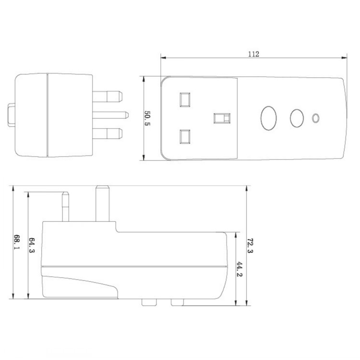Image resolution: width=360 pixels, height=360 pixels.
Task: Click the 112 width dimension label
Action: click(254, 54)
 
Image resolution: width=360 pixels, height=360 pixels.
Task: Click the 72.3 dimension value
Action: click(250, 245)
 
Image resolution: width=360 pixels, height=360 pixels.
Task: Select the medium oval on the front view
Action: click(297, 118)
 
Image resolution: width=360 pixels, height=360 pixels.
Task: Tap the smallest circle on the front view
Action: click(315, 118)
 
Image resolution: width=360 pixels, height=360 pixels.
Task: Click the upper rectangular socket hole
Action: click(185, 98)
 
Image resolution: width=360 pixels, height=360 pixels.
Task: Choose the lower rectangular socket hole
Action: click(185, 137)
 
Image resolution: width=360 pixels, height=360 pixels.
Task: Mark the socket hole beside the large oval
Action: click(221, 118)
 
